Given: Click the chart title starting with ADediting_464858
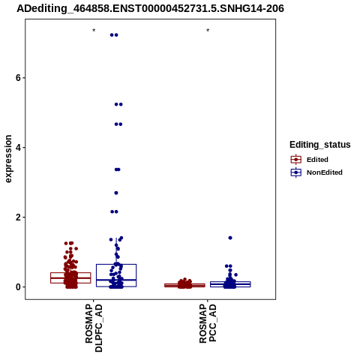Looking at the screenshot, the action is (x=150, y=9).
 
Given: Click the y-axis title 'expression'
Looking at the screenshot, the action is (x=8, y=159).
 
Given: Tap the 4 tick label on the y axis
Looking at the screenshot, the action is (x=18, y=148).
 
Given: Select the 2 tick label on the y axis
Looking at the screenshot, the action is (x=18, y=217).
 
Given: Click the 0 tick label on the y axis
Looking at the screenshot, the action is (x=18, y=287).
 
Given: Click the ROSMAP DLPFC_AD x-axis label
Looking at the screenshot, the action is (x=94, y=328).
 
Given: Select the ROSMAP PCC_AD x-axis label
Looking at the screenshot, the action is (x=208, y=323).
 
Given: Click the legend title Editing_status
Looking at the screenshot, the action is (x=320, y=145).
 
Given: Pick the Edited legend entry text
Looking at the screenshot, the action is (x=317, y=160).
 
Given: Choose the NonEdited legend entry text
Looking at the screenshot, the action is (x=325, y=172).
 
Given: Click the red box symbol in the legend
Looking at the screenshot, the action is (x=296, y=160).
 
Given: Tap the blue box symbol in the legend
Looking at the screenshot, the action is (x=296, y=172).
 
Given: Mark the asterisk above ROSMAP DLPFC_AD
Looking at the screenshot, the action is (x=94, y=31).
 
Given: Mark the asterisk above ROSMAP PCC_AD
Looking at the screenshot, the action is (x=208, y=31).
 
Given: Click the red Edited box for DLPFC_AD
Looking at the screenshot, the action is (x=70, y=272).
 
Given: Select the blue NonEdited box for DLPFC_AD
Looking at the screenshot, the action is (x=116, y=264).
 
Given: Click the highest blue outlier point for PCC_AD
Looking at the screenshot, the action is (x=230, y=238).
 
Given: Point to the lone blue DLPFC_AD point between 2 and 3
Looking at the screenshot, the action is (x=116, y=193).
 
